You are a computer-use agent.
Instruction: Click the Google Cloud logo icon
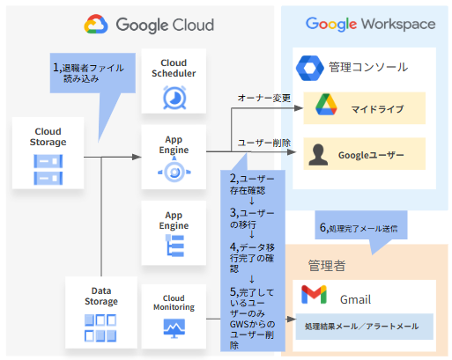pyautogui.click(x=96, y=24)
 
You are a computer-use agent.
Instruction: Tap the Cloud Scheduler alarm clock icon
pyautogui.click(x=174, y=98)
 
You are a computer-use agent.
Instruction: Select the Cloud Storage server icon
pyautogui.click(x=48, y=170)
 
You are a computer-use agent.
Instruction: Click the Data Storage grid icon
pyautogui.click(x=100, y=328)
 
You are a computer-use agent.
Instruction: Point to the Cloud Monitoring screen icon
pyautogui.click(x=174, y=328)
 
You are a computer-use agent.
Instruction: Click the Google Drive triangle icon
pyautogui.click(x=326, y=105)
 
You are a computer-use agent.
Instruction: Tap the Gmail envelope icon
pyautogui.click(x=314, y=294)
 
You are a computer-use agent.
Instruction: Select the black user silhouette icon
pyautogui.click(x=318, y=155)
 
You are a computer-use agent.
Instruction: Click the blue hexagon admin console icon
pyautogui.click(x=310, y=68)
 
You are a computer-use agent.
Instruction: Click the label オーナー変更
pyautogui.click(x=264, y=98)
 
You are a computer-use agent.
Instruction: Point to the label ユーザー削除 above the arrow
pyautogui.click(x=264, y=143)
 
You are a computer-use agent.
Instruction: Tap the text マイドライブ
pyautogui.click(x=377, y=109)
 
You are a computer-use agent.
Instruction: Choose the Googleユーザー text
pyautogui.click(x=371, y=155)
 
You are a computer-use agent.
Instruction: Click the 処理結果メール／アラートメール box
pyautogui.click(x=365, y=327)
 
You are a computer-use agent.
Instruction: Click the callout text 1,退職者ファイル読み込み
pyautogui.click(x=88, y=73)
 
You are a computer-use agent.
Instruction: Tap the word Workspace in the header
pyautogui.click(x=398, y=25)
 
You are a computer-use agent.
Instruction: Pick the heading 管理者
pyautogui.click(x=327, y=266)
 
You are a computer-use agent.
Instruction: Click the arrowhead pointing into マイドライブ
pyautogui.click(x=299, y=108)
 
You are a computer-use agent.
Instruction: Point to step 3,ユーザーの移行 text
pyautogui.click(x=252, y=218)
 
